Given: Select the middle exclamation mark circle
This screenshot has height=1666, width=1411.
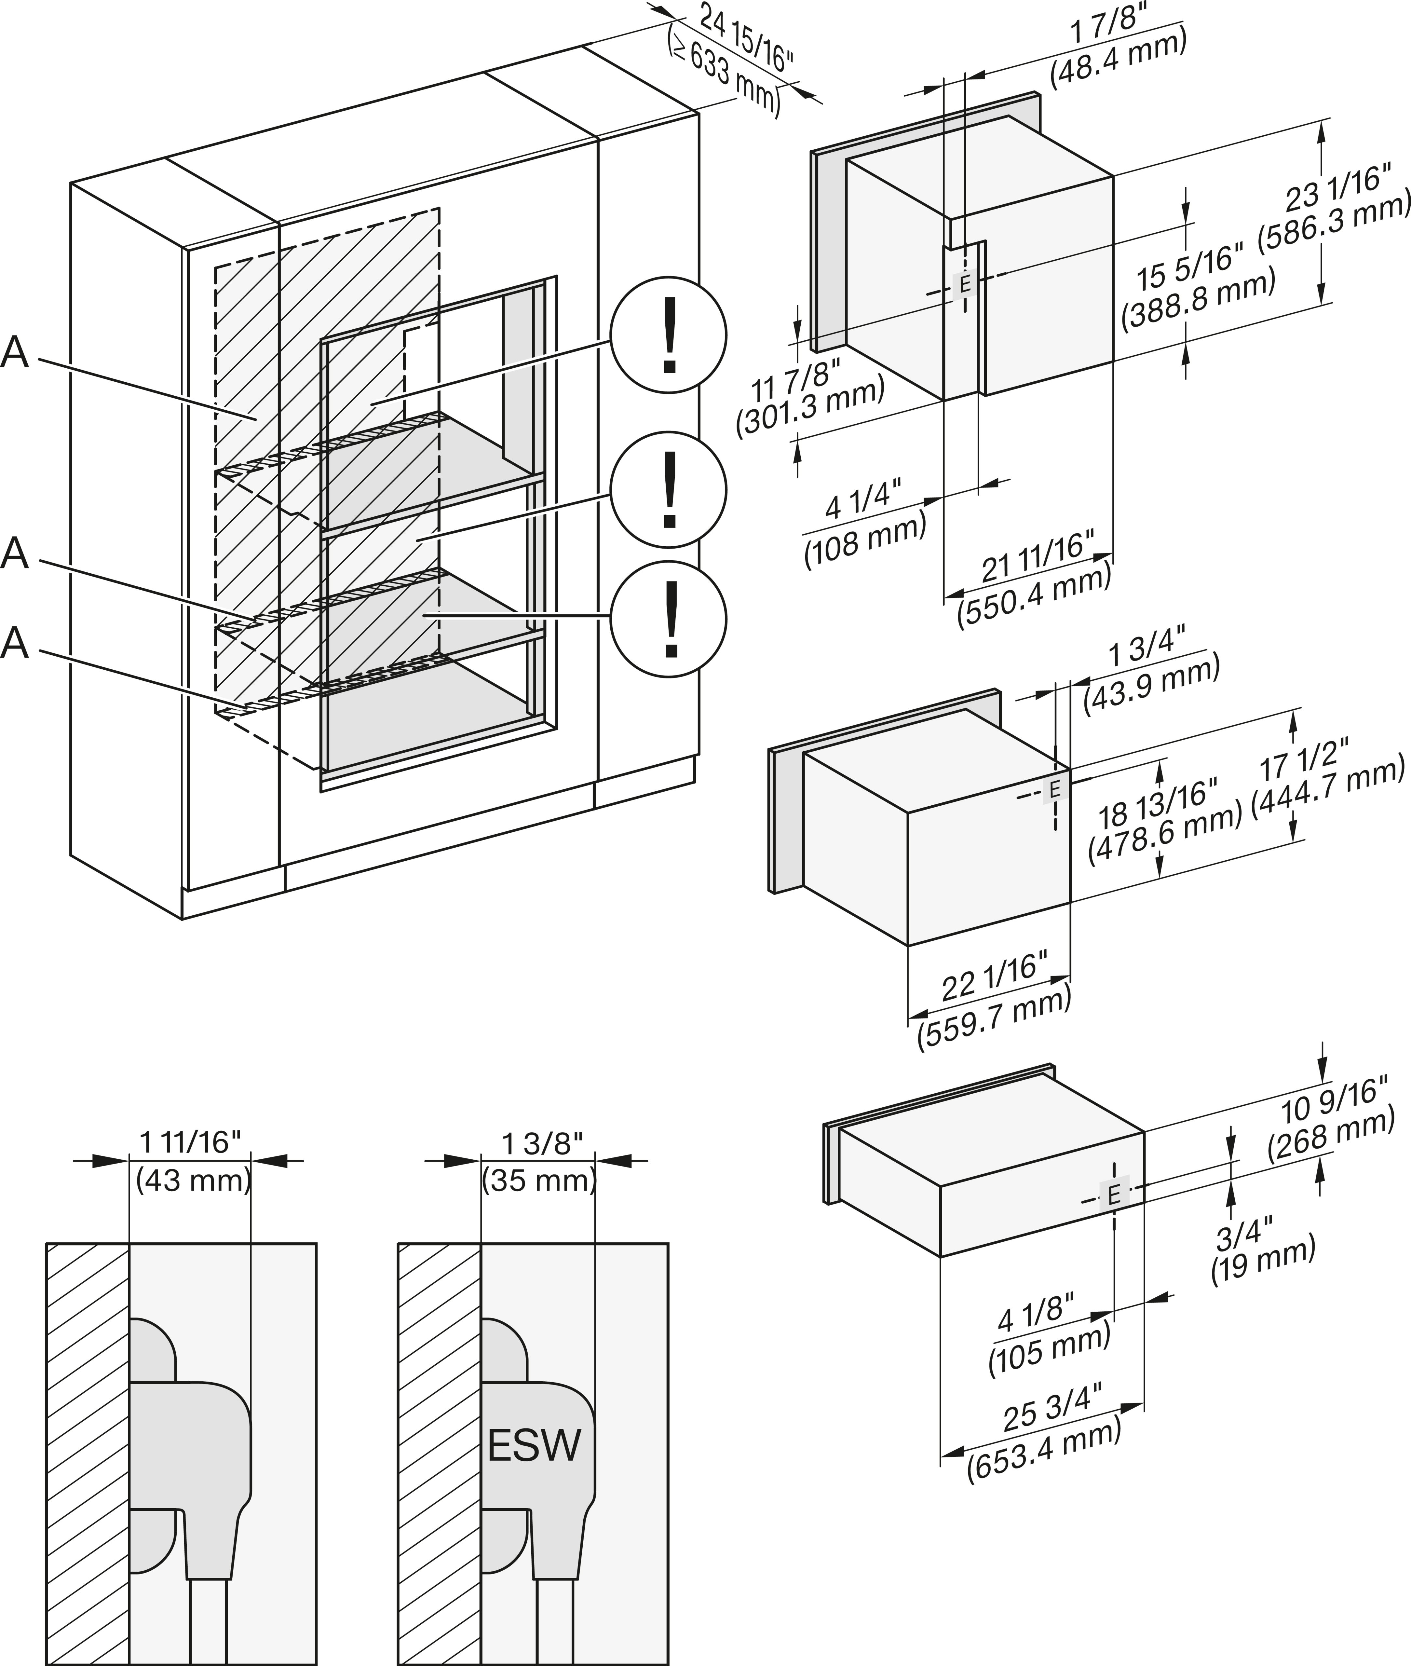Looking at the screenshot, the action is pos(669,490).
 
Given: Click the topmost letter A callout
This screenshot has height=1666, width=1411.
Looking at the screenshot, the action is pos(15,353).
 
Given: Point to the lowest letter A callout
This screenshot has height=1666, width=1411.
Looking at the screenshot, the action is pos(15,643).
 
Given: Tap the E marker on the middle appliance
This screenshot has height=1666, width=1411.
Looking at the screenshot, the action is pos(1054,790).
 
